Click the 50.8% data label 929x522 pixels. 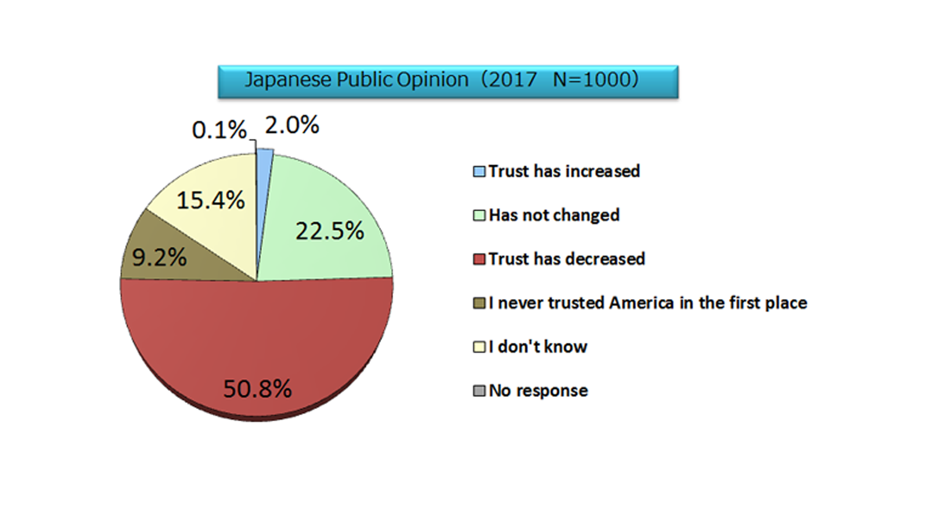257,389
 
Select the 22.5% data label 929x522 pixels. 329,231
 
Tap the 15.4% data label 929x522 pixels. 210,201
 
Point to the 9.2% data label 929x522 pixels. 159,258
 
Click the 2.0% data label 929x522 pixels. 292,125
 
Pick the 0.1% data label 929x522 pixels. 219,130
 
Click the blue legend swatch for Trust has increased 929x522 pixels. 479,172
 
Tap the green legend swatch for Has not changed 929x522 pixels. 479,216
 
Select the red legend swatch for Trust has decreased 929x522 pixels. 479,259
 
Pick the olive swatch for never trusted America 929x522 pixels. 479,303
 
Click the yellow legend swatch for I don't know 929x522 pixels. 479,347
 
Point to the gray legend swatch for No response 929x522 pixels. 479,391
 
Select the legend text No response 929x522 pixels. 538,391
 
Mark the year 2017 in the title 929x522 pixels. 513,79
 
